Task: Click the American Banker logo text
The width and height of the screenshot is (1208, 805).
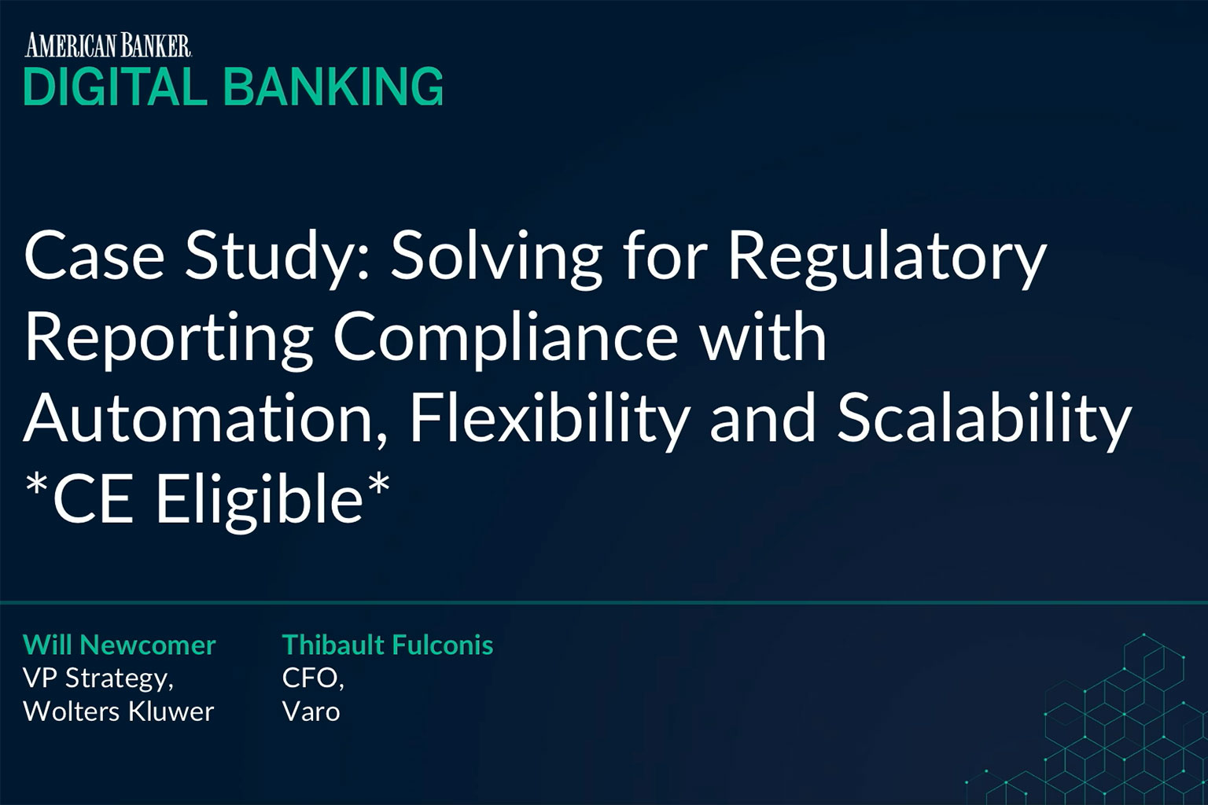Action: (107, 46)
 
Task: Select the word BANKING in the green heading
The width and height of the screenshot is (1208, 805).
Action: (333, 86)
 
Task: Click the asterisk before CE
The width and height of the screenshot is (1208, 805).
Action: (37, 485)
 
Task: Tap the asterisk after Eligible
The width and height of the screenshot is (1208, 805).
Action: (378, 485)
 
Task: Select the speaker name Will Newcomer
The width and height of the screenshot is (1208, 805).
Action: (120, 645)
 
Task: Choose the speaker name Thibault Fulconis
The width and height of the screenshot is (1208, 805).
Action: (388, 645)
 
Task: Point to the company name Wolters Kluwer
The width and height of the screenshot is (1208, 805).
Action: (119, 711)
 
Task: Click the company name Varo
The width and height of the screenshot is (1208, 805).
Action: (311, 711)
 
